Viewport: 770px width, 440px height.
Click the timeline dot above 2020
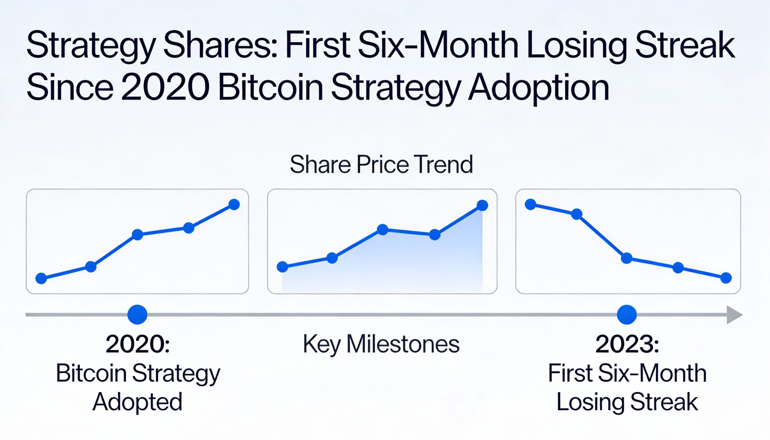tap(137, 315)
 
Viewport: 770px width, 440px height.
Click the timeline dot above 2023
tap(627, 315)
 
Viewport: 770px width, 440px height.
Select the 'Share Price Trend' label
tap(381, 165)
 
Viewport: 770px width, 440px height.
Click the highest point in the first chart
tap(234, 205)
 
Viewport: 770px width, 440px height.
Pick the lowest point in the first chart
tap(41, 278)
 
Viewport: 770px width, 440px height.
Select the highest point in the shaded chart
tap(482, 205)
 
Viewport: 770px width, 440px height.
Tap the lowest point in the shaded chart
tap(282, 267)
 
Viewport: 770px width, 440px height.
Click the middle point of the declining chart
tap(627, 258)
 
